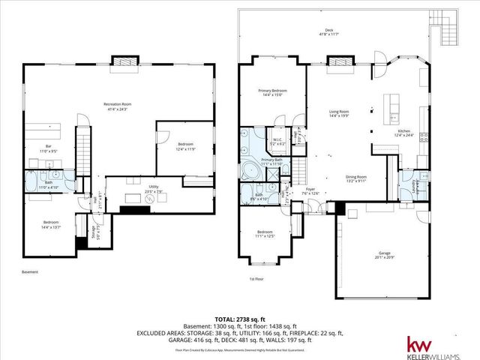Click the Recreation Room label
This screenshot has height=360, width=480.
tap(117, 106)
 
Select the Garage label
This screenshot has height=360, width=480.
tap(385, 255)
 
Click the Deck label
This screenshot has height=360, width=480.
tap(330, 32)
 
